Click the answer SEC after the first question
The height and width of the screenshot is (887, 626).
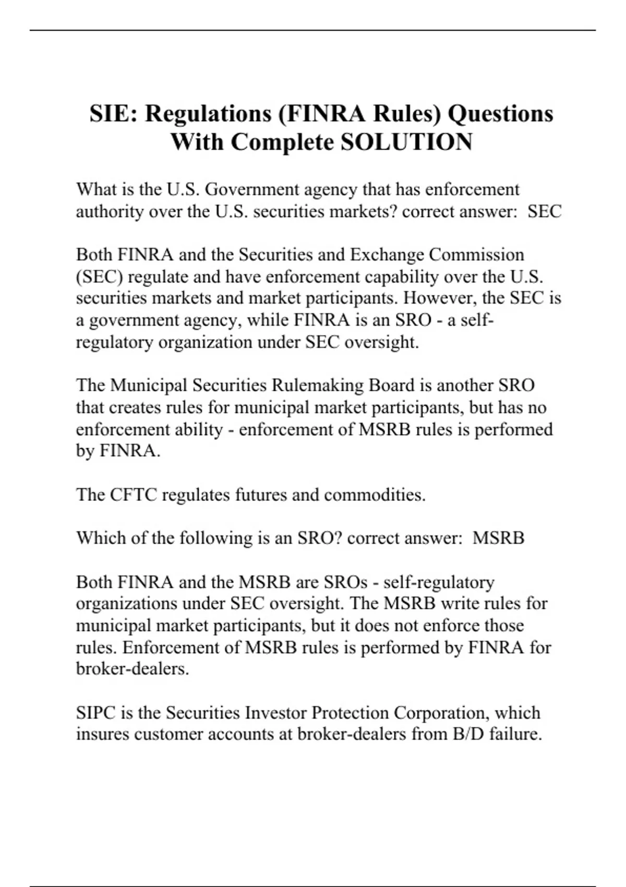pos(545,211)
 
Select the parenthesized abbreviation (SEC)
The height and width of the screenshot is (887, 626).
pos(99,277)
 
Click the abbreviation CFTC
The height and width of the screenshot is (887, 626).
pos(134,494)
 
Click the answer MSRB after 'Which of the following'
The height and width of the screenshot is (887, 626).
pos(498,538)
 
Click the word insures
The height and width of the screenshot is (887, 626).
pos(103,734)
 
